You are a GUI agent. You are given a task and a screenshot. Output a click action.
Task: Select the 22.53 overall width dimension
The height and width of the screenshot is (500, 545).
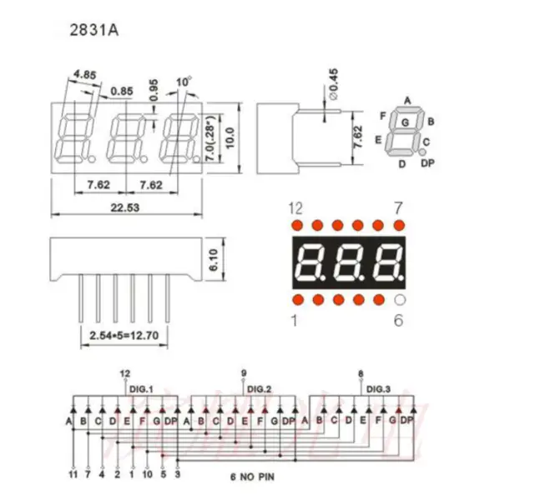(x=125, y=208)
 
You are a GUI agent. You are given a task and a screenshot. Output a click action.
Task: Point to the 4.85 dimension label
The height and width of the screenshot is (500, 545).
(x=85, y=74)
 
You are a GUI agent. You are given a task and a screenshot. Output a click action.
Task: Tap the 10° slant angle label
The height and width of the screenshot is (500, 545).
(x=183, y=81)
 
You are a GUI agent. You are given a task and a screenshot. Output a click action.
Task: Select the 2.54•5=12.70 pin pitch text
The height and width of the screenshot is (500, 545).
(x=123, y=337)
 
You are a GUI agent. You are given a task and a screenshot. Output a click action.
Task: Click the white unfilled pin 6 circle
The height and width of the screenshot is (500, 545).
(x=398, y=300)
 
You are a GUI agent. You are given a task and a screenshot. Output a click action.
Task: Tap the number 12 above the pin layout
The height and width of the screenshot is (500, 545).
(x=295, y=207)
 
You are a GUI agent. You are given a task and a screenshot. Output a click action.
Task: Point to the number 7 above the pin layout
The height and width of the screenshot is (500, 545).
(x=398, y=207)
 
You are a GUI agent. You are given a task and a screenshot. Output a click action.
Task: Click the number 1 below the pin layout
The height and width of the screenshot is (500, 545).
(x=294, y=320)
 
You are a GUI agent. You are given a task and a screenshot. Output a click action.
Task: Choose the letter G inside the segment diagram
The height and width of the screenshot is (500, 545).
(x=406, y=122)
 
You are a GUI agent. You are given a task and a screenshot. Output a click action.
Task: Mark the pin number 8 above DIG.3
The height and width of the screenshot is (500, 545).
(x=360, y=373)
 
